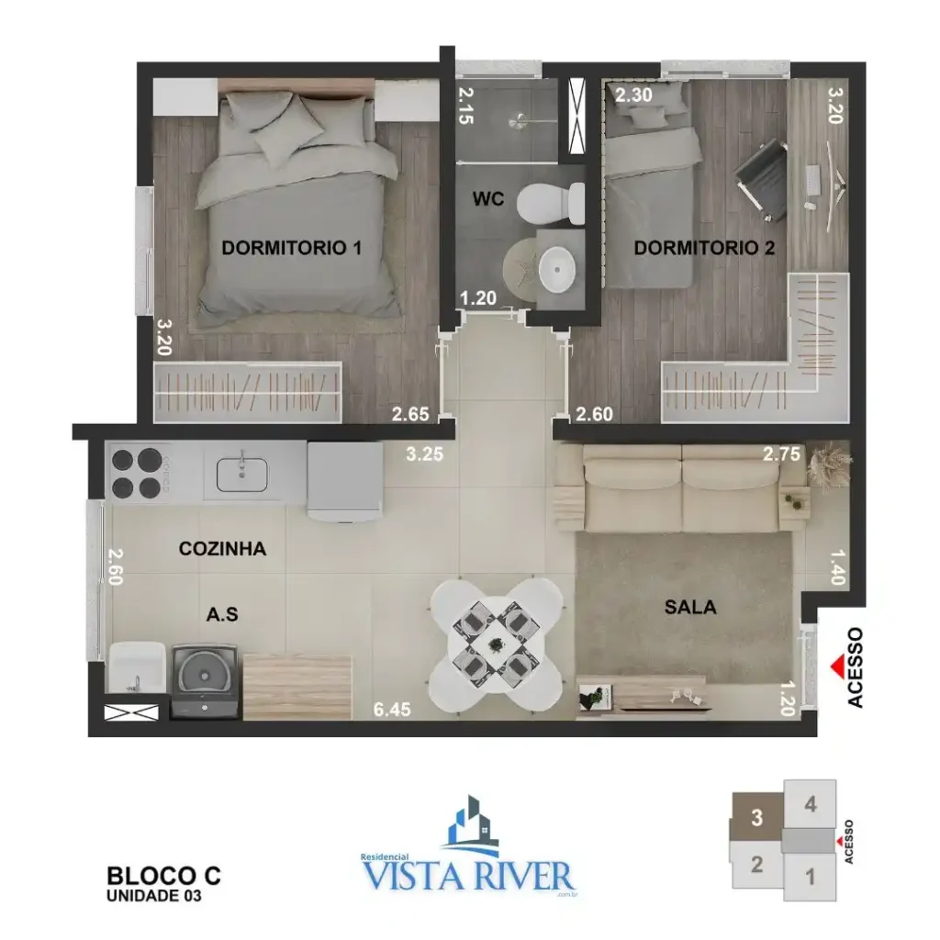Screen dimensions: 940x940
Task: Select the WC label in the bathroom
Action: coord(488,199)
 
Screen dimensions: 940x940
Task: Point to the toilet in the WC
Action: coord(551,201)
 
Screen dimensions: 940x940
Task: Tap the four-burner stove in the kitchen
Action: coord(138,473)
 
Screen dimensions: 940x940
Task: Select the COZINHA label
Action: coord(222,549)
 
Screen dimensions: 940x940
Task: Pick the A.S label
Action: coord(222,615)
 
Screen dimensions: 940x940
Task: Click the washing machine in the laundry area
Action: coord(206,681)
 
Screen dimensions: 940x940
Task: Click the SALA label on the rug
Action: coord(690,607)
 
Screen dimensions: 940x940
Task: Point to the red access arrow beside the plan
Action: coord(834,666)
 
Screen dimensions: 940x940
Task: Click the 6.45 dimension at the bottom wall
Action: coord(392,709)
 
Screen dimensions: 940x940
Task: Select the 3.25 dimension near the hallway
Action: coord(426,453)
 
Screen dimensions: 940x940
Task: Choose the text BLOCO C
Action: coord(164,876)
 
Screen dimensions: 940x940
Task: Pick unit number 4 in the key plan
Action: coord(810,805)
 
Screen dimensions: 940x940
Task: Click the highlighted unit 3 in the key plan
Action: coord(757,817)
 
